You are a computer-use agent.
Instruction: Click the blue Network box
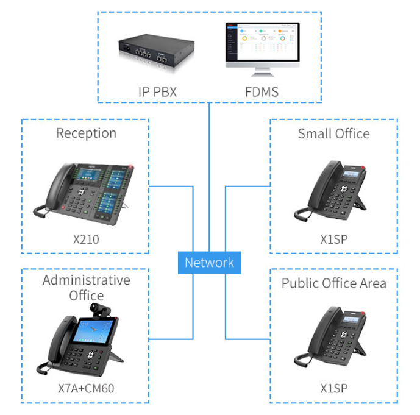[209, 263]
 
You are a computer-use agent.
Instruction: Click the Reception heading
[86, 133]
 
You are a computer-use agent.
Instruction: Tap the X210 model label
[86, 239]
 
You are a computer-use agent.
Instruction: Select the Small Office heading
[333, 133]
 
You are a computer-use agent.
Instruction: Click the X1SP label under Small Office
[333, 239]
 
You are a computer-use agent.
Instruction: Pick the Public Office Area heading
[333, 283]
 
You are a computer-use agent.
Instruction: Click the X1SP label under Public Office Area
[333, 388]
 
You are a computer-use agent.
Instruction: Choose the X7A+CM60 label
[86, 388]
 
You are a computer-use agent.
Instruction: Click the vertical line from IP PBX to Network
[209, 177]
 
